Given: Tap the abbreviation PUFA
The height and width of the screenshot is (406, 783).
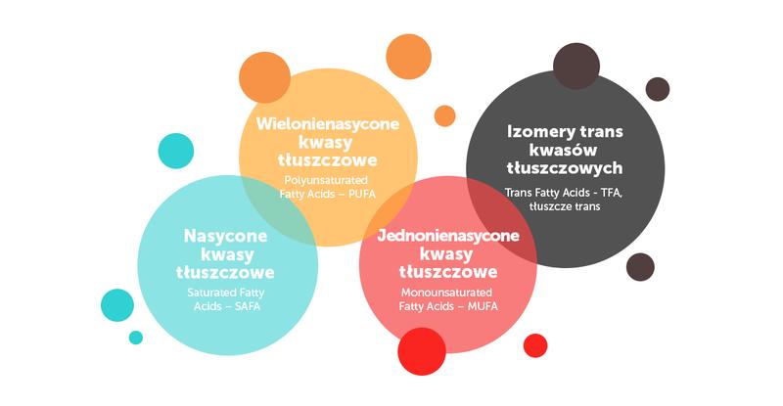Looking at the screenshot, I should click(382, 194).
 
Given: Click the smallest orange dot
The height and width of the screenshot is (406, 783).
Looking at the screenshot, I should click(444, 115).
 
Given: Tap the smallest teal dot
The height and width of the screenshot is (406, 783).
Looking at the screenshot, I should click(136, 338).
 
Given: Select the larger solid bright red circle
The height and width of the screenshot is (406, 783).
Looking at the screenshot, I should click(422, 351).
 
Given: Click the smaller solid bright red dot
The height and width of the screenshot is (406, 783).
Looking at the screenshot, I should click(535, 344).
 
